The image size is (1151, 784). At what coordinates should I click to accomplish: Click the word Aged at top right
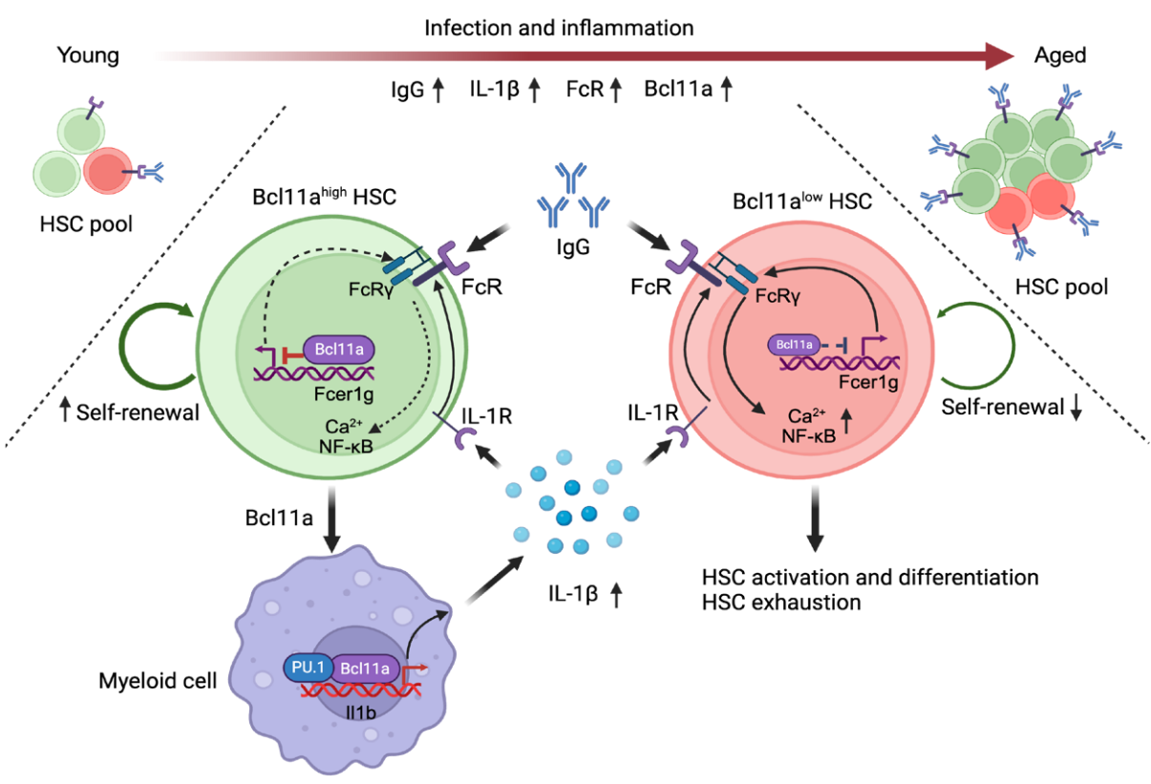(1060, 55)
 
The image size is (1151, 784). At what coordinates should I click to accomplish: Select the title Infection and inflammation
(559, 29)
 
